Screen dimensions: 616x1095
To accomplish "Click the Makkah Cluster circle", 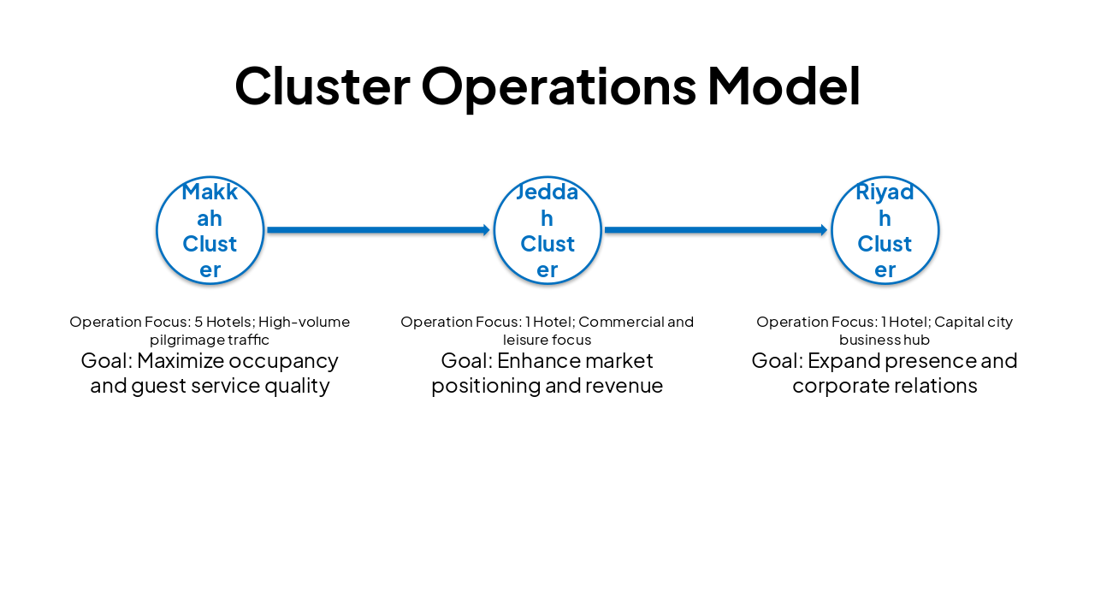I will pos(210,230).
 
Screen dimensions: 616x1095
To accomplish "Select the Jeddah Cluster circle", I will pos(547,230).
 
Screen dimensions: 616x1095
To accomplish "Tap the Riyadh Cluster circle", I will pos(885,230).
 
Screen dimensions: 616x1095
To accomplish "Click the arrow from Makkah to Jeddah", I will pos(378,230).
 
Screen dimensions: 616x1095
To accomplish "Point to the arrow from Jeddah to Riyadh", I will pos(716,230).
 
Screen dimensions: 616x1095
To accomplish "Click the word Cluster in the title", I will pos(322,86).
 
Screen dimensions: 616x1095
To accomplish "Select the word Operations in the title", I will pos(559,86).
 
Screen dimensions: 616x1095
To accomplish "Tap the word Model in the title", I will pos(784,86).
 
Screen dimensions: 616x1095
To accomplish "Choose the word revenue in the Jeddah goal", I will pos(629,386).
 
